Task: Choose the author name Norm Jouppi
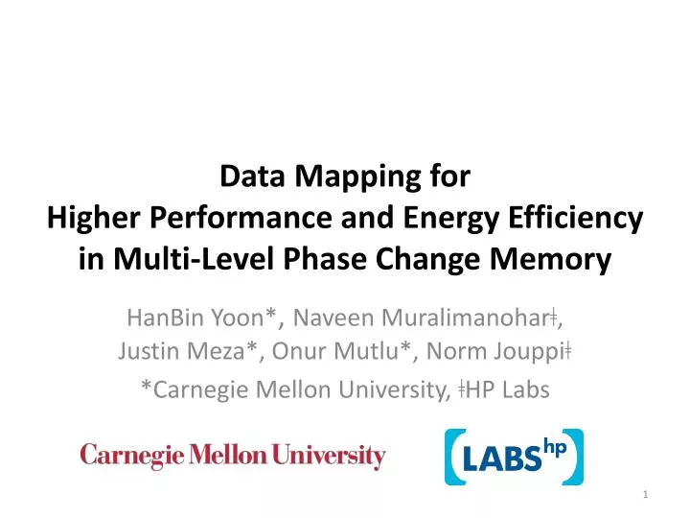pos(498,351)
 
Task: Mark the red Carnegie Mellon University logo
pos(233,457)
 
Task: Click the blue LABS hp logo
pos(513,458)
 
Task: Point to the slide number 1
pos(647,493)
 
